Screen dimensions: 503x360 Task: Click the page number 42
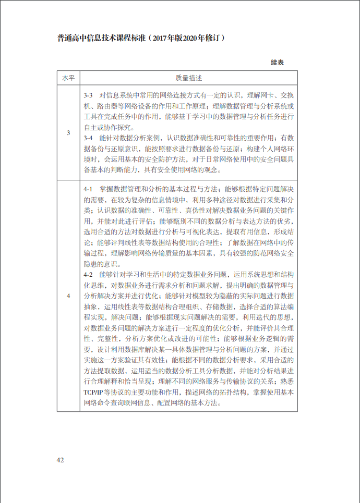[61, 460]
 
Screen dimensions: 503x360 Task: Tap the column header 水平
[68, 78]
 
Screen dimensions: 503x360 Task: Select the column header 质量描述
[188, 78]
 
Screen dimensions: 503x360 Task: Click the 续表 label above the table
[277, 62]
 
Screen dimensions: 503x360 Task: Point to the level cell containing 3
[68, 133]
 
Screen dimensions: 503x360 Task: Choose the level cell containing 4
[68, 296]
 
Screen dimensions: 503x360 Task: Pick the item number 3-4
[88, 138]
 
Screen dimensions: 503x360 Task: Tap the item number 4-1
[88, 188]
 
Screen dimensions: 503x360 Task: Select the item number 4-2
[88, 274]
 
